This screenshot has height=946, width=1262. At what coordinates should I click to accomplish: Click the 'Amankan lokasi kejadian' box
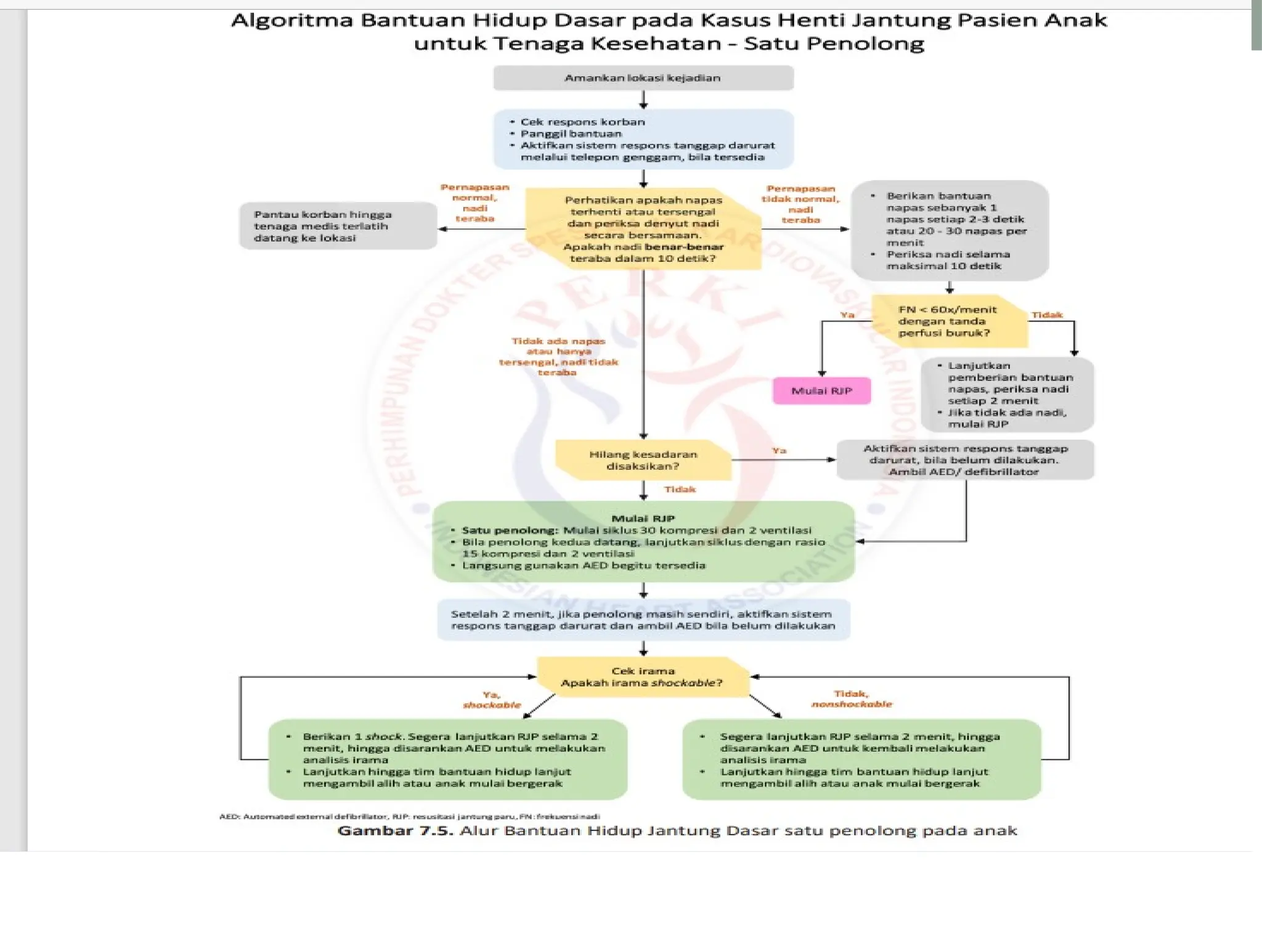point(643,78)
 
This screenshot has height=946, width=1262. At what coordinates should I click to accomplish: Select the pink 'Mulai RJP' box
point(821,391)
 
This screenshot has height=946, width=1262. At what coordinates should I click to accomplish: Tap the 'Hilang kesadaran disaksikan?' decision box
point(643,460)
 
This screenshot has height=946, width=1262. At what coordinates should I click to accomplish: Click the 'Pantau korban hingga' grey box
point(338,226)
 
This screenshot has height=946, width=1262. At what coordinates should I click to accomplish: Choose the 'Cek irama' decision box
point(643,677)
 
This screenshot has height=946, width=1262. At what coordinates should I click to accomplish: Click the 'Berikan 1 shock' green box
point(448,759)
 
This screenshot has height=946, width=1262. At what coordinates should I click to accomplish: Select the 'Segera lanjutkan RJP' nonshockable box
point(861,759)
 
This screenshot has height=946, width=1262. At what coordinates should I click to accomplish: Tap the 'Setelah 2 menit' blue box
point(643,620)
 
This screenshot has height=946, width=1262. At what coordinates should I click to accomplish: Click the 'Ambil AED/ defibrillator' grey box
point(964,460)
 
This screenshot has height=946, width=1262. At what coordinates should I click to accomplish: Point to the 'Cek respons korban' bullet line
point(582,122)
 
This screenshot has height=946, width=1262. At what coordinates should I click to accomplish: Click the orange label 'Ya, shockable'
point(492,700)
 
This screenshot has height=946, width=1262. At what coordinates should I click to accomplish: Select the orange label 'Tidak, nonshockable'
point(852,699)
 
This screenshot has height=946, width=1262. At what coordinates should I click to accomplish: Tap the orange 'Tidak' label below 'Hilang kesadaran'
point(680,490)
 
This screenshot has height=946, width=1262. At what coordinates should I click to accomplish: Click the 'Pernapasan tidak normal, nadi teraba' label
point(800,204)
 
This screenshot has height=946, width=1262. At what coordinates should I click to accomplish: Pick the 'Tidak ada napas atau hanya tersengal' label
point(558,357)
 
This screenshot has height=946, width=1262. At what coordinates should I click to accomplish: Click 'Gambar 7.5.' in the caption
point(395,831)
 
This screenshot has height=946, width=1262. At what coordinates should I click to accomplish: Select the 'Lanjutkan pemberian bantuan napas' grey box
point(1007,395)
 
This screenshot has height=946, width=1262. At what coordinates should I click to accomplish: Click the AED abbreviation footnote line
point(409,817)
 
